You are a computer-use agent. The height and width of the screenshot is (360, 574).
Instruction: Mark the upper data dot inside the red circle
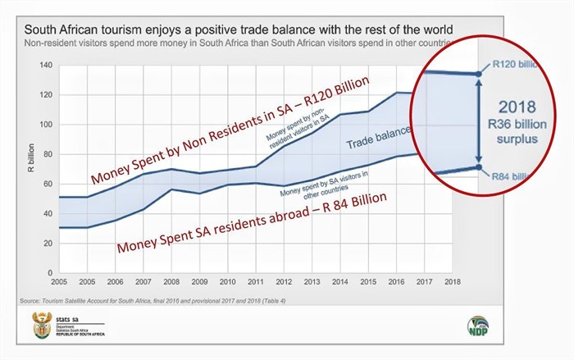(x=479, y=74)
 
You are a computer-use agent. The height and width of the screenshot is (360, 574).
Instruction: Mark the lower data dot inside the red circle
(x=479, y=167)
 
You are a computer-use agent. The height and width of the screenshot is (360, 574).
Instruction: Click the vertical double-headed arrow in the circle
(x=479, y=121)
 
